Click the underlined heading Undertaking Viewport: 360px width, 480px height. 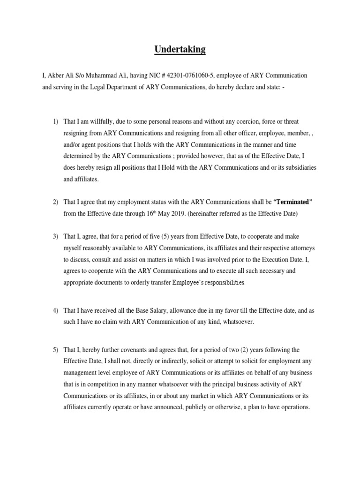point(180,49)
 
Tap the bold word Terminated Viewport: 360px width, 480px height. point(292,202)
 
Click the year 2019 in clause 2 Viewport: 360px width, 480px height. point(165,213)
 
